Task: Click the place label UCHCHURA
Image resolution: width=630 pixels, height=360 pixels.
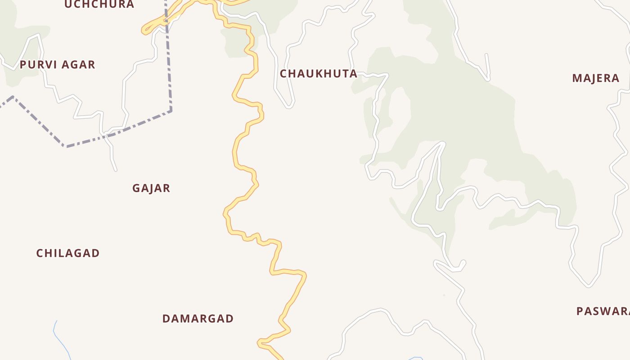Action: (99, 4)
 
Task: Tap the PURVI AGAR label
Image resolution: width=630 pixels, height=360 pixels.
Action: (57, 65)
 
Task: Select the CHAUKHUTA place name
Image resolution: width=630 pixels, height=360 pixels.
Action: (319, 74)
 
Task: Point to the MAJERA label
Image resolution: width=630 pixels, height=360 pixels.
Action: (596, 78)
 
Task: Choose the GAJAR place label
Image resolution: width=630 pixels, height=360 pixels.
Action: (151, 189)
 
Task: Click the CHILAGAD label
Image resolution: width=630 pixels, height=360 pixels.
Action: (68, 253)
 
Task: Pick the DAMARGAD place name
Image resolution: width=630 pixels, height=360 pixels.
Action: (198, 319)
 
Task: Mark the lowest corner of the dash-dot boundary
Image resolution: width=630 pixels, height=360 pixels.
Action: (67, 146)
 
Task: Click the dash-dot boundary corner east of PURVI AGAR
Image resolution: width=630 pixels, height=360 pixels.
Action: (171, 110)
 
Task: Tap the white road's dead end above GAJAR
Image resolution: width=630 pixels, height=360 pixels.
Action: (116, 170)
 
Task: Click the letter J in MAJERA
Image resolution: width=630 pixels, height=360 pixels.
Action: (595, 78)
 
